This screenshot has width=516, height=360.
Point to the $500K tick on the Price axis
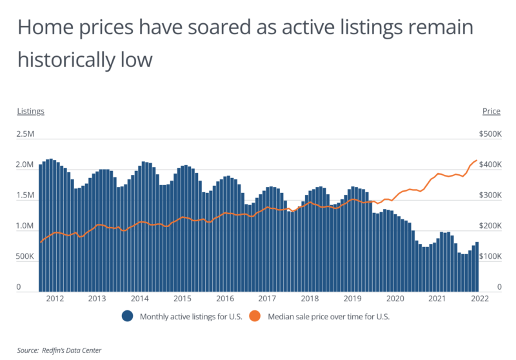pos(490,135)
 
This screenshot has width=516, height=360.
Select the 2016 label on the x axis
pos(224,299)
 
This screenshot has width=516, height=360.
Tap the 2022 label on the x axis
pos(480,299)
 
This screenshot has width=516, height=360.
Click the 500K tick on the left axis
pos(26,257)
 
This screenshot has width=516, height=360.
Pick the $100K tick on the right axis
pos(490,257)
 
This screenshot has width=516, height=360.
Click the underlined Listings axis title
pos(30,111)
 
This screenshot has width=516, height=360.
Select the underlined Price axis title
pos(491,111)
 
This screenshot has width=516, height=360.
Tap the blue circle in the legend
pos(127,317)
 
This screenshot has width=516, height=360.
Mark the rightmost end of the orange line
pos(477,160)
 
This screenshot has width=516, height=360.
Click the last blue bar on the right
pos(477,266)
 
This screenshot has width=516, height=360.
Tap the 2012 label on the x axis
pos(54,299)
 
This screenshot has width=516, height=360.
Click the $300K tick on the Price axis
pos(490,195)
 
